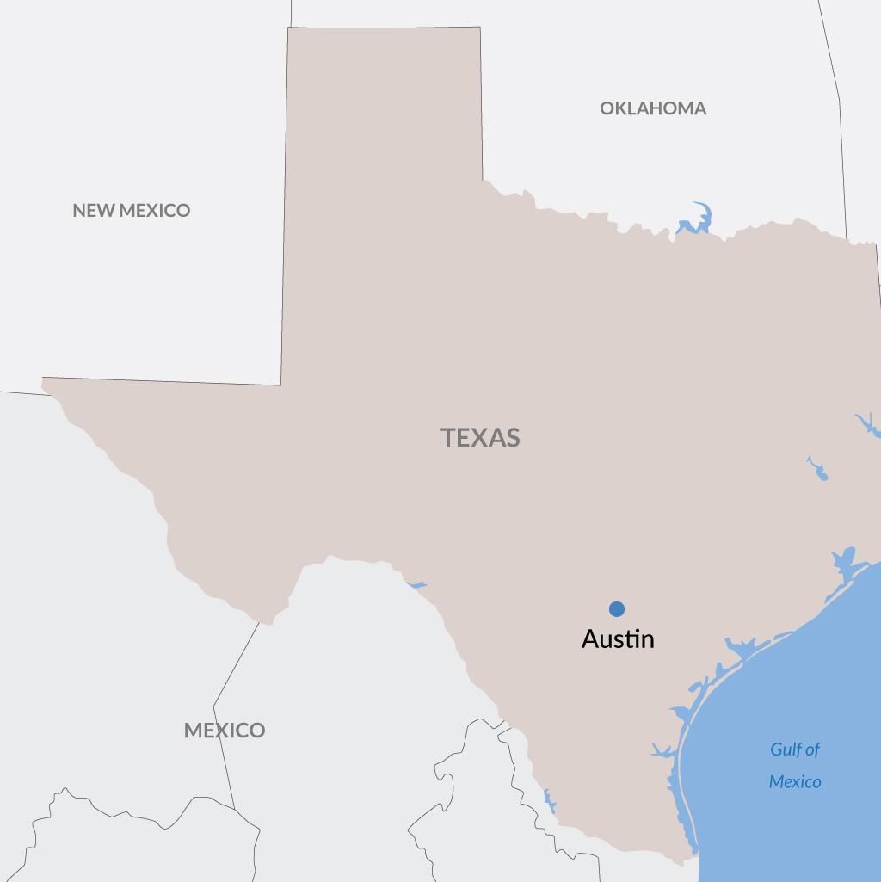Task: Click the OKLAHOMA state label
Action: click(653, 108)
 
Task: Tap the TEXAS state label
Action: click(481, 437)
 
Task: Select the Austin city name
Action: click(618, 639)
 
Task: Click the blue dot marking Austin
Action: click(617, 609)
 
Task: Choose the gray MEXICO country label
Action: click(225, 731)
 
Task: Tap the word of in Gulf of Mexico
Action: click(813, 749)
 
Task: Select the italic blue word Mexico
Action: click(795, 782)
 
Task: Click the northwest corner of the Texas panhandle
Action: click(288, 28)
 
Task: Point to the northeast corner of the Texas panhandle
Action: click(480, 28)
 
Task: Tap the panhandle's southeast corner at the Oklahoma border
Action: click(483, 180)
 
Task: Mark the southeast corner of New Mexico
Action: click(281, 385)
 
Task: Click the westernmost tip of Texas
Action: click(43, 379)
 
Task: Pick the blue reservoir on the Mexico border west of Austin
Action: click(416, 584)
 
